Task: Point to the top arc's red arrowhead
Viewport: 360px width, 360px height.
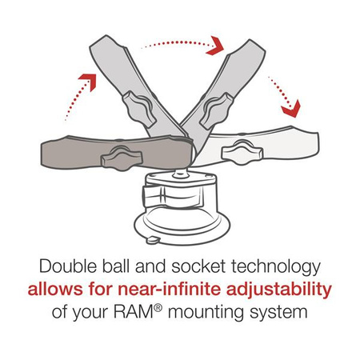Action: [214, 47]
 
